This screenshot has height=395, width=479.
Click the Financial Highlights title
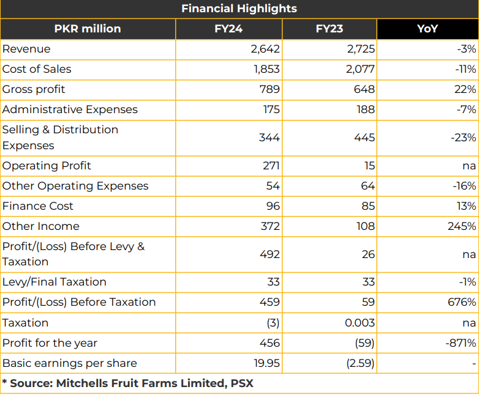[x=240, y=9]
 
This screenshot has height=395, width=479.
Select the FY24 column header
[x=228, y=29]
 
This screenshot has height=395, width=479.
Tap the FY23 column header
[x=330, y=29]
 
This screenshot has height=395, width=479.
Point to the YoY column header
[x=428, y=29]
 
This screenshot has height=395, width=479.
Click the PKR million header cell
[x=88, y=29]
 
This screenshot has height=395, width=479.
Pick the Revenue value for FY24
[x=265, y=49]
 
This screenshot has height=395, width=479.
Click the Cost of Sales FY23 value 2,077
[x=360, y=69]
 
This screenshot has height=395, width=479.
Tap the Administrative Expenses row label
[x=70, y=109]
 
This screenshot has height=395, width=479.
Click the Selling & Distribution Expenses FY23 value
[x=364, y=138]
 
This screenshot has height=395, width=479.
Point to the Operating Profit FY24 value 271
[x=271, y=166]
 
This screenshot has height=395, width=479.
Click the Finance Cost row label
[x=38, y=206]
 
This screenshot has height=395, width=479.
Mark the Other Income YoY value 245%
[x=462, y=226]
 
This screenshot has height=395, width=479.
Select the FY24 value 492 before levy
[x=270, y=254]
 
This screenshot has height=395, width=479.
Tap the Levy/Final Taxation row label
[x=55, y=282]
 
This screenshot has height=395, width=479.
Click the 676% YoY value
[x=462, y=302]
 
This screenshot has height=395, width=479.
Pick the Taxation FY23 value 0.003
[x=360, y=323]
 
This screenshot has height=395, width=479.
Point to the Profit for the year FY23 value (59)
[x=364, y=343]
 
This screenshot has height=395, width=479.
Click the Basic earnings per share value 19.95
[x=266, y=363]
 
